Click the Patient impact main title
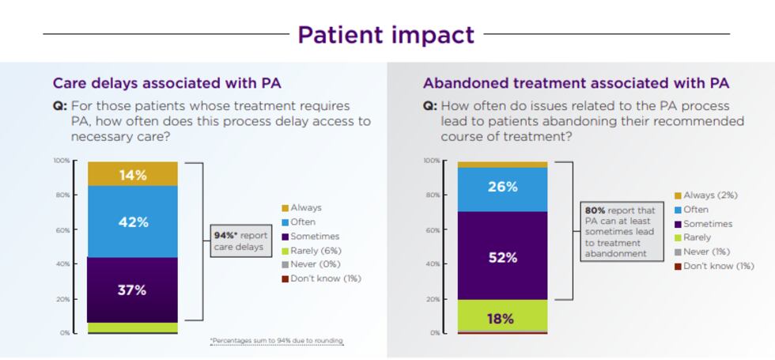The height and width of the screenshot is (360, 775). tap(386, 35)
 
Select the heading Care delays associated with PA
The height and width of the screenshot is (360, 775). tap(166, 82)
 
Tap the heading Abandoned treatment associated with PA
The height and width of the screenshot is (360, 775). tap(576, 82)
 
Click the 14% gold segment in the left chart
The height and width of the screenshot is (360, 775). tap(133, 175)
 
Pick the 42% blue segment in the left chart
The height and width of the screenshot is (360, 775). tap(133, 222)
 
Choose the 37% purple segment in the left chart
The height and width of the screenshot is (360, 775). tap(133, 290)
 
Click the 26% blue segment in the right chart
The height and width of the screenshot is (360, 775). tap(502, 188)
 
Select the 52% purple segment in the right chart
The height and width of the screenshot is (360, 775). tap(502, 257)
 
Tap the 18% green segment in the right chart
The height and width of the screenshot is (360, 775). tap(502, 318)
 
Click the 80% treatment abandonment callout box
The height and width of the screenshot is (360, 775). tap(621, 232)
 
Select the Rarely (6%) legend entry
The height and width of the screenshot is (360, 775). tap(315, 250)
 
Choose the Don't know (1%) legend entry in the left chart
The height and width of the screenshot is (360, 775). tap(320, 279)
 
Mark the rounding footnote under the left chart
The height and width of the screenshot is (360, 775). tap(277, 341)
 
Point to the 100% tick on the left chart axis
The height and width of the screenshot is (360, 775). tap(61, 161)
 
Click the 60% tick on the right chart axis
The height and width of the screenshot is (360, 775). tap(432, 230)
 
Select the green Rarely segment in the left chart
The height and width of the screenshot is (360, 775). tap(133, 327)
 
